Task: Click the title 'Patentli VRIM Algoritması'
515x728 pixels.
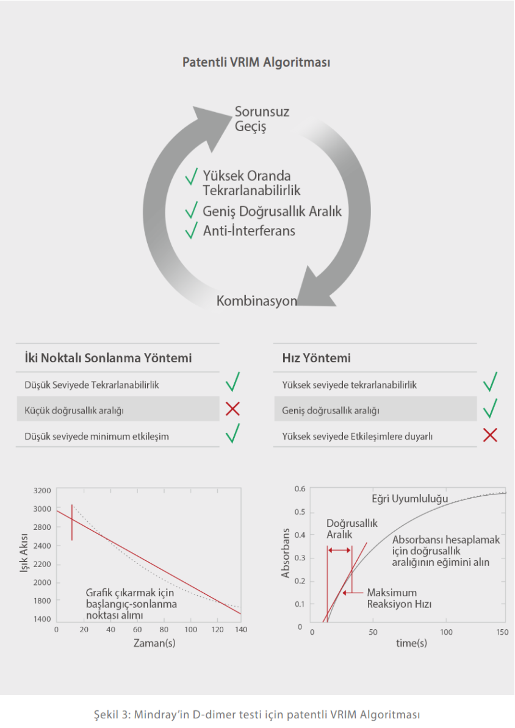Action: click(256, 62)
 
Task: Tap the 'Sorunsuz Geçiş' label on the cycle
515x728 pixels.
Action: click(262, 119)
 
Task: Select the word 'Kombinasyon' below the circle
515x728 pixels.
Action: click(256, 301)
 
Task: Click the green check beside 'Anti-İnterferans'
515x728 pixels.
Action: click(191, 230)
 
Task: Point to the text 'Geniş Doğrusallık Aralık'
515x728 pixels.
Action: click(272, 211)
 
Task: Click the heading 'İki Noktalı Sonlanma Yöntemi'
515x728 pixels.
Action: click(108, 358)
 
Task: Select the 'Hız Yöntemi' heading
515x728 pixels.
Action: click(316, 358)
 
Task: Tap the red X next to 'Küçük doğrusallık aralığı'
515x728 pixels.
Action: click(232, 409)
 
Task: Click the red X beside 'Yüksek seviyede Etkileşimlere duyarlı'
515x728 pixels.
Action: click(490, 435)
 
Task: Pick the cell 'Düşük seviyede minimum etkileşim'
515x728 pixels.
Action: click(96, 437)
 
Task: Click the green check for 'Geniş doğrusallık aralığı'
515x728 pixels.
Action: click(490, 408)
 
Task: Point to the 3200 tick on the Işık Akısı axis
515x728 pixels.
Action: click(42, 491)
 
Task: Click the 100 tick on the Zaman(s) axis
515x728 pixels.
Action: click(190, 630)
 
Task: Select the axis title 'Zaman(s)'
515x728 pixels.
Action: click(154, 643)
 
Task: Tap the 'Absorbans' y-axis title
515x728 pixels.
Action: click(286, 553)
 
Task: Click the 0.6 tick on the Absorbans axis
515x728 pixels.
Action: click(300, 489)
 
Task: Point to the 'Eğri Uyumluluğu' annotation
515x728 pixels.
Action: click(410, 499)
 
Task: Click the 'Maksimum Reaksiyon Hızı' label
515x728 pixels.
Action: click(399, 599)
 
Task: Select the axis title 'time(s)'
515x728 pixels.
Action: click(411, 643)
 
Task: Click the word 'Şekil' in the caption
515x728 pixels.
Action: click(106, 715)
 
